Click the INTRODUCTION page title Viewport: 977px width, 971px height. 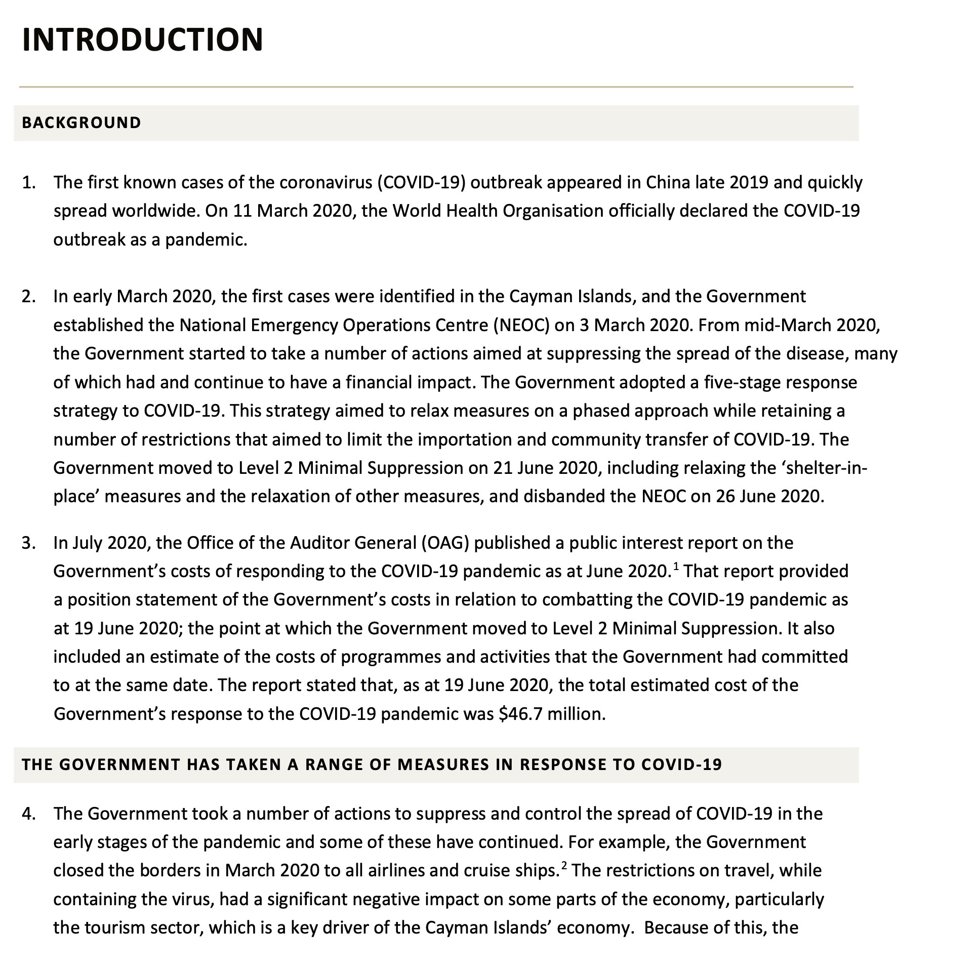(143, 39)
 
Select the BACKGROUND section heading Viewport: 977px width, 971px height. (82, 123)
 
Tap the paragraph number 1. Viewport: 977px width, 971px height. (28, 182)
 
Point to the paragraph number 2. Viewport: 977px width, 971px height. (28, 296)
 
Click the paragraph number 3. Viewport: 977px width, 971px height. (28, 543)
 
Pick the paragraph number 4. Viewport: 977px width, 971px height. (28, 814)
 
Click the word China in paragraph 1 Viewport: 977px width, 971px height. (668, 182)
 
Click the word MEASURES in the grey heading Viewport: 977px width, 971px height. (444, 764)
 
